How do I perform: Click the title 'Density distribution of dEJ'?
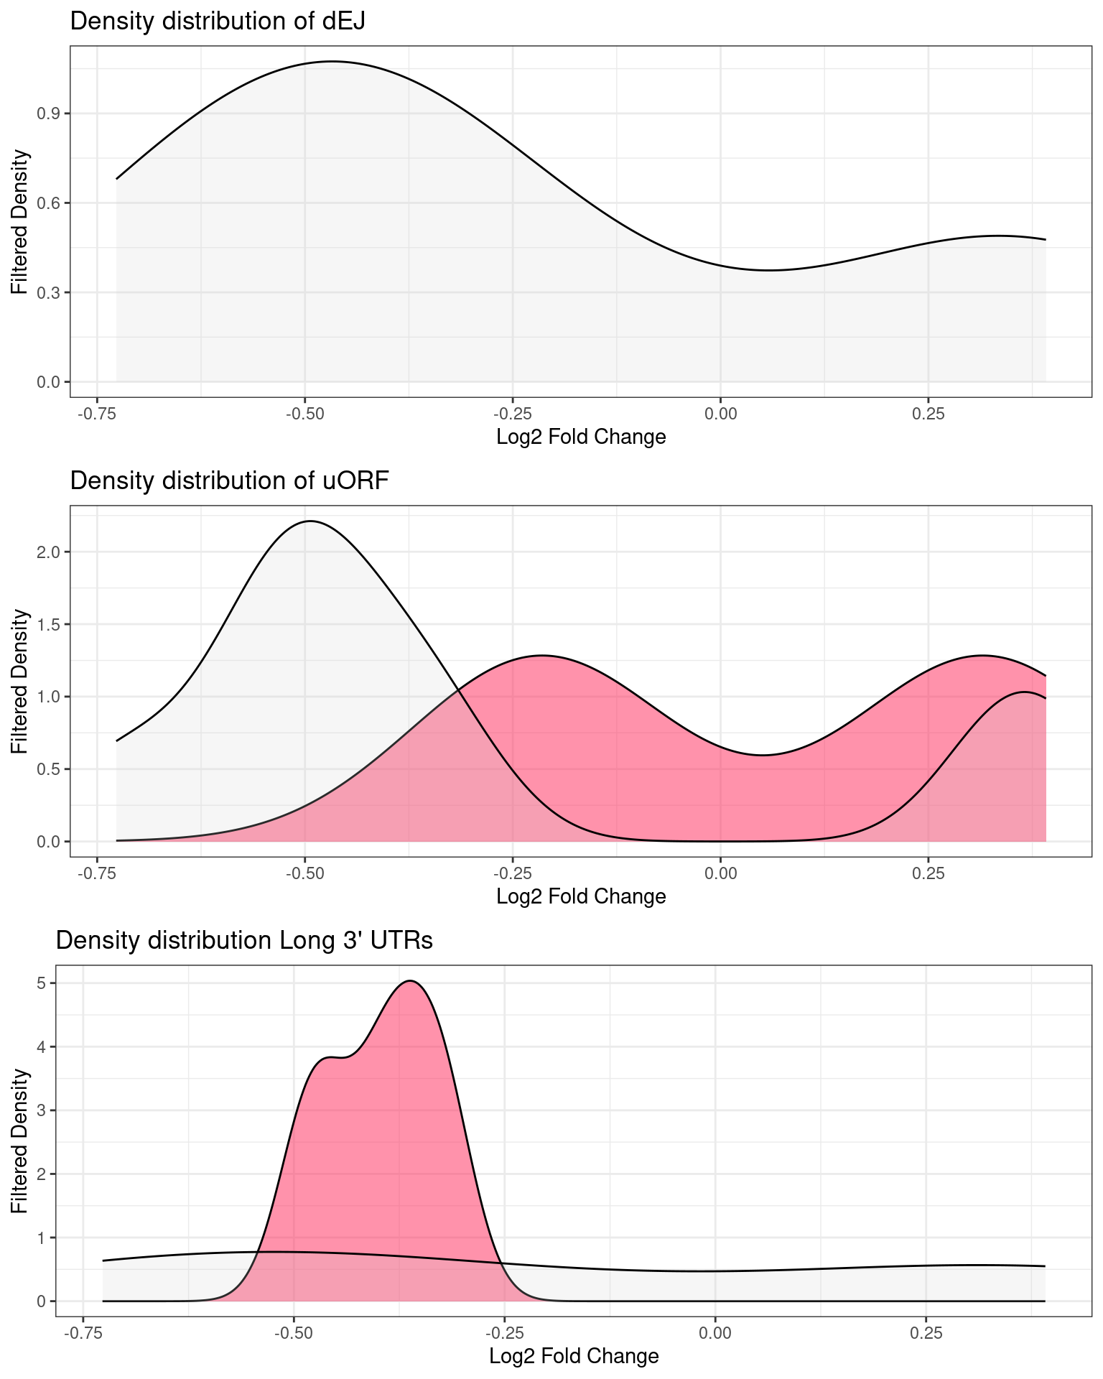tap(218, 22)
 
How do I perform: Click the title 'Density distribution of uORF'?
tap(229, 480)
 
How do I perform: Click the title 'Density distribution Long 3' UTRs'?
tap(244, 940)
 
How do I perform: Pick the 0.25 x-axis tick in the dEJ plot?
tap(928, 414)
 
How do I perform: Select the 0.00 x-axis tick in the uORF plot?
tap(720, 873)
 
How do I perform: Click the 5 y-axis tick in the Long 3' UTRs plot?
tap(42, 983)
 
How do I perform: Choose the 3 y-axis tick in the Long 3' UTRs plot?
tap(42, 1110)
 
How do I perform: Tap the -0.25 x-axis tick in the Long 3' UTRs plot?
tap(504, 1333)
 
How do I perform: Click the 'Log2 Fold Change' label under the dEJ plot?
tap(581, 437)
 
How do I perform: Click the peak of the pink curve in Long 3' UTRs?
tap(410, 980)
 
